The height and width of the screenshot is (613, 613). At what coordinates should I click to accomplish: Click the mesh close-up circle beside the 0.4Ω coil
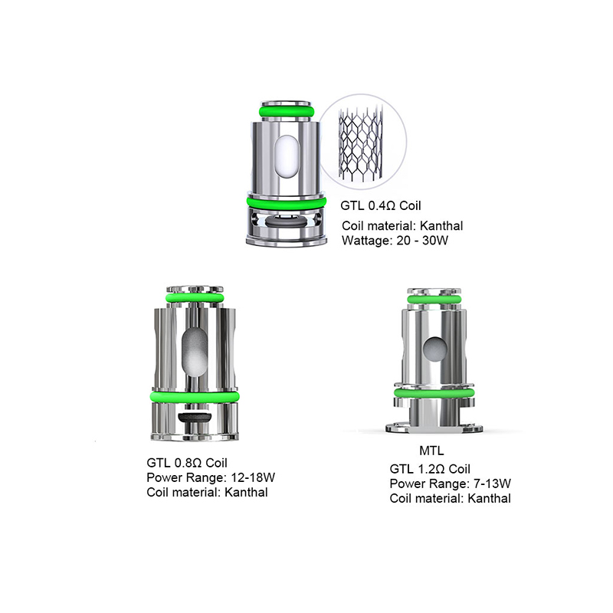pyautogui.click(x=362, y=142)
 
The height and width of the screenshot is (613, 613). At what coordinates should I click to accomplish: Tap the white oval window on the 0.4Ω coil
pyautogui.click(x=287, y=159)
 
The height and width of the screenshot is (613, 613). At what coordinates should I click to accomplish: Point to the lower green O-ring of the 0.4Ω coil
pyautogui.click(x=286, y=202)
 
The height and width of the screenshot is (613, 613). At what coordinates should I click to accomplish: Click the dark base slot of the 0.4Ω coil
pyautogui.click(x=285, y=221)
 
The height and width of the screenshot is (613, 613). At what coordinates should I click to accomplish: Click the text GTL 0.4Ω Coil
pyautogui.click(x=380, y=205)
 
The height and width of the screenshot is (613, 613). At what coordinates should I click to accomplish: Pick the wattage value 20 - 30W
pyautogui.click(x=422, y=240)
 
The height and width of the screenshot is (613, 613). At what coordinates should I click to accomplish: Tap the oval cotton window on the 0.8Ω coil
pyautogui.click(x=195, y=352)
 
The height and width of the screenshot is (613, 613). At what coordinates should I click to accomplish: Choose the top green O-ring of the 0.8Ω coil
pyautogui.click(x=195, y=298)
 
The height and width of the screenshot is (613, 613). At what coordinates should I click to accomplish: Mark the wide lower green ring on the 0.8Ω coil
pyautogui.click(x=195, y=396)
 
